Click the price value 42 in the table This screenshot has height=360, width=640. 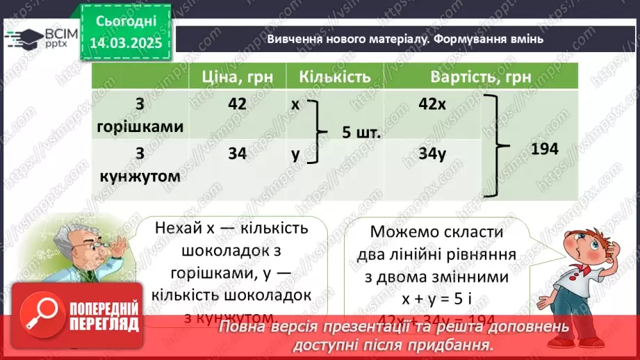coord(237,104)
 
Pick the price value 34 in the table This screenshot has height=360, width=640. coord(237,154)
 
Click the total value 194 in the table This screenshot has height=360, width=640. coord(544,148)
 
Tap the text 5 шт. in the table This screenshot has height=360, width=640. coord(361,131)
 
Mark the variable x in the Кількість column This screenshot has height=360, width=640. coord(295,104)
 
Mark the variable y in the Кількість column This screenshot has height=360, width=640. coord(295,154)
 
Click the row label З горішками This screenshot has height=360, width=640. coord(140,115)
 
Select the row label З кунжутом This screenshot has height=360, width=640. coord(140,165)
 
